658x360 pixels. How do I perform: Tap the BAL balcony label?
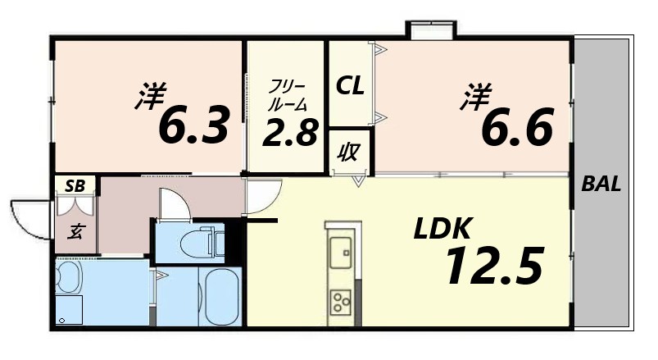601,184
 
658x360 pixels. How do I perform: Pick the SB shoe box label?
75,185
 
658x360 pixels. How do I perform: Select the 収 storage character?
348,152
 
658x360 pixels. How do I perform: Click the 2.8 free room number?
289,131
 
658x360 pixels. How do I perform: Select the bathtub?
219,298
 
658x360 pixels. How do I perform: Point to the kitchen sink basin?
338,253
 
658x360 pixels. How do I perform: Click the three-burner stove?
338,300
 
